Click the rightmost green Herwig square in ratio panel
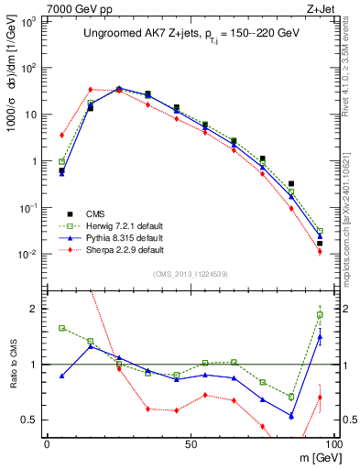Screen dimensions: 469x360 [x=320, y=315]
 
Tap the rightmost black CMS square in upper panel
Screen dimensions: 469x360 [x=320, y=243]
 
